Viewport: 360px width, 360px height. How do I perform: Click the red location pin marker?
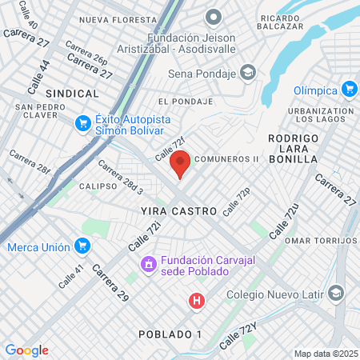click(x=181, y=163)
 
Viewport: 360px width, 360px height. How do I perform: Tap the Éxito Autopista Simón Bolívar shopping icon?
click(x=82, y=123)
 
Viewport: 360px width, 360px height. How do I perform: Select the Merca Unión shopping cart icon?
click(x=82, y=246)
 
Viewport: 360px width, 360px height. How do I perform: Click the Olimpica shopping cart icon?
click(x=349, y=89)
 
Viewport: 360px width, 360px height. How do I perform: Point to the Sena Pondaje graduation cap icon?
click(x=248, y=74)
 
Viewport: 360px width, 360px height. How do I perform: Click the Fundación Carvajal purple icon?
click(x=148, y=264)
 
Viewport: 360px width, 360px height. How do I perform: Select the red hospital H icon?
click(x=196, y=302)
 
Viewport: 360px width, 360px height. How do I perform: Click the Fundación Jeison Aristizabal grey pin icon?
click(x=213, y=16)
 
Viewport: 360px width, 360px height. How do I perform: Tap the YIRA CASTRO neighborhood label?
click(x=178, y=211)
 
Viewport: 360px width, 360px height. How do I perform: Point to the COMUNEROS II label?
click(x=226, y=158)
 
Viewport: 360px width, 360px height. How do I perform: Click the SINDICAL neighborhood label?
click(x=72, y=94)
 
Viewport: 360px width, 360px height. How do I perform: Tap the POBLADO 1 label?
click(x=170, y=334)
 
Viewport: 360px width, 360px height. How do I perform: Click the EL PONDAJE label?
click(x=186, y=102)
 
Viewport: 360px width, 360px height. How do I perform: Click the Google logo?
click(x=26, y=350)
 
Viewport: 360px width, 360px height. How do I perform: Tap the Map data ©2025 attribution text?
click(x=325, y=354)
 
